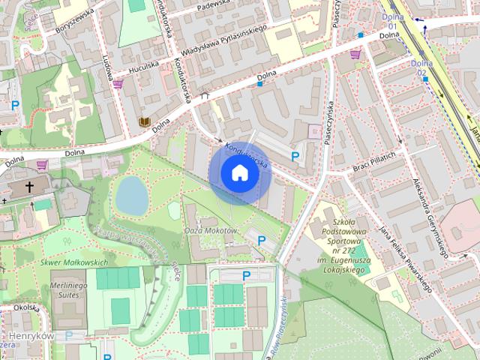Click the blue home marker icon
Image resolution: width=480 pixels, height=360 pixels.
(239, 172)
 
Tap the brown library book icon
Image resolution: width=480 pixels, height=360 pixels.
(144, 121)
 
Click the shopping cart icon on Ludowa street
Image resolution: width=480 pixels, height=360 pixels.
(118, 84)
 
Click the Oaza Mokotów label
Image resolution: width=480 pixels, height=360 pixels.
(211, 230)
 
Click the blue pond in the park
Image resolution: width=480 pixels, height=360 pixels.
(131, 195)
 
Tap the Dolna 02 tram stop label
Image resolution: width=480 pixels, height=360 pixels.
(421, 68)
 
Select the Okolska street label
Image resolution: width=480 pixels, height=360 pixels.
(25, 307)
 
